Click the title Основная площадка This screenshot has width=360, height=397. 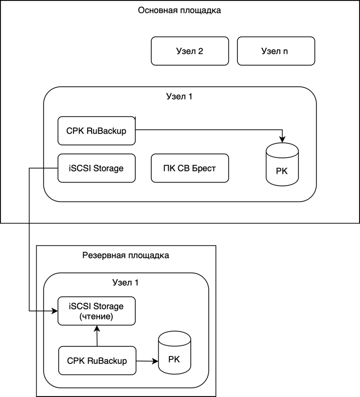[x=179, y=10]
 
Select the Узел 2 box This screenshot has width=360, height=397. [x=190, y=51]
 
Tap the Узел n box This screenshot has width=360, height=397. [x=276, y=51]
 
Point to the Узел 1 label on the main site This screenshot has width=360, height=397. [x=179, y=96]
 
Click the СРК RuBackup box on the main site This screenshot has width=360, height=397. [x=97, y=131]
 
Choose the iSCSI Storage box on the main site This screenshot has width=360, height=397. [x=97, y=168]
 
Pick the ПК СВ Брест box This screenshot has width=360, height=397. [x=190, y=168]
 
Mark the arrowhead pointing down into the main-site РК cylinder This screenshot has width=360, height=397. [x=282, y=139]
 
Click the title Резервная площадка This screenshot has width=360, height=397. [x=126, y=255]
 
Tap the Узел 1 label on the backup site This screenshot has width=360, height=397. [x=126, y=283]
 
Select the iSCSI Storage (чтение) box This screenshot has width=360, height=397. [x=97, y=311]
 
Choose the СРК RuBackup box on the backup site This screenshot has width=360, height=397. [x=97, y=360]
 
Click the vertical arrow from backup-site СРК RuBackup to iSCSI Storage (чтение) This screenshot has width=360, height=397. [x=97, y=336]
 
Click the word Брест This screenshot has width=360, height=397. [x=204, y=168]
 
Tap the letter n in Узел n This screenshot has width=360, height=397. [x=285, y=51]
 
